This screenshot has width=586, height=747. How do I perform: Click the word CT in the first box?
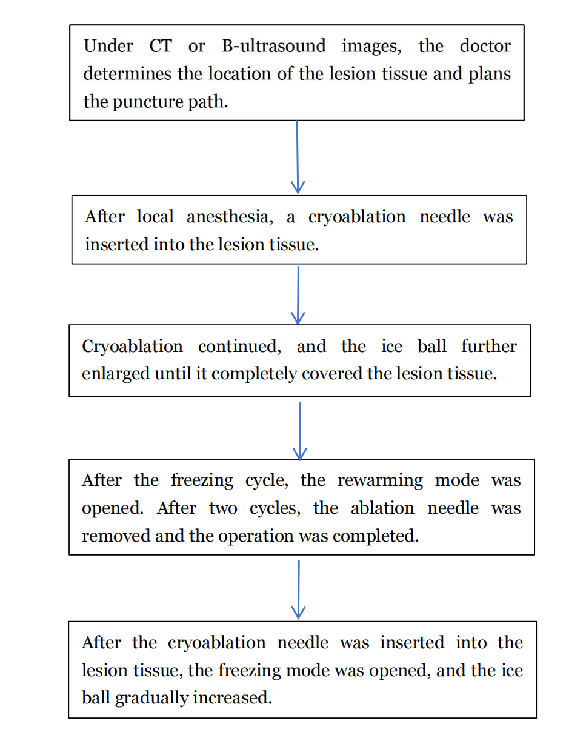[x=161, y=45]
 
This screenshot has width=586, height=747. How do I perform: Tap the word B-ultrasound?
[x=274, y=45]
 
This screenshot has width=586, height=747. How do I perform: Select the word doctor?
[x=485, y=45]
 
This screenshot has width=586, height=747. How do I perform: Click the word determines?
[x=127, y=73]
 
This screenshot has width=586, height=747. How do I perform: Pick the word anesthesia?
[x=230, y=216]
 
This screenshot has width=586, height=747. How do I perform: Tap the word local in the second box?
[x=155, y=216]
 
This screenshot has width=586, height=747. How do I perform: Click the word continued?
[x=239, y=346]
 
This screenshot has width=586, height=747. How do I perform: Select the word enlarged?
[x=116, y=374]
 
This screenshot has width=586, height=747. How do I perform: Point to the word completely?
[x=254, y=374]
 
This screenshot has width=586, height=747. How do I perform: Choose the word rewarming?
[x=380, y=480]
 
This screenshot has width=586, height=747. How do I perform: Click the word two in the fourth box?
[x=223, y=509]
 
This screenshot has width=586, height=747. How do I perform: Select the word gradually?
[x=151, y=698]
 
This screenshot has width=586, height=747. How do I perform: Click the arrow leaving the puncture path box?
[x=298, y=157]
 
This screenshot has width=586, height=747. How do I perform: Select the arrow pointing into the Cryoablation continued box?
[x=298, y=296]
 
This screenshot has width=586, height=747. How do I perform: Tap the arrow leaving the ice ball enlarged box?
[x=300, y=431]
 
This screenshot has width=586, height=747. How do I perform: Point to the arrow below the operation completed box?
[x=299, y=590]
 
